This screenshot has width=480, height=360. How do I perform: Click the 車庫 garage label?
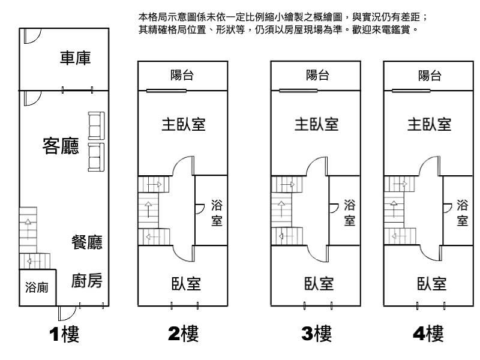pyautogui.click(x=75, y=59)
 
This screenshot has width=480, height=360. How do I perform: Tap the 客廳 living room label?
pyautogui.click(x=61, y=145)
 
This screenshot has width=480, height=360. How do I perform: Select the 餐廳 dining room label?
pyautogui.click(x=86, y=242)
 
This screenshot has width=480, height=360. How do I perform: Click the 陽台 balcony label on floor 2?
pyautogui.click(x=182, y=76)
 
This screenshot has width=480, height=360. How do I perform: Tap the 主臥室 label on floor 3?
pyautogui.click(x=316, y=124)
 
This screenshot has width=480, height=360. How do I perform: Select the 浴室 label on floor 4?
pyautogui.click(x=462, y=213)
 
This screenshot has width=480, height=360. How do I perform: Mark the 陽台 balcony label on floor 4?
pyautogui.click(x=430, y=76)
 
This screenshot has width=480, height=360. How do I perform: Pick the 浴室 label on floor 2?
pyautogui.click(x=217, y=213)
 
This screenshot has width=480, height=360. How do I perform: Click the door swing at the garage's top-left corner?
pyautogui.click(x=31, y=38)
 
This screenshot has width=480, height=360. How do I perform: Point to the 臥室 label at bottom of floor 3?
pyautogui.click(x=318, y=283)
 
